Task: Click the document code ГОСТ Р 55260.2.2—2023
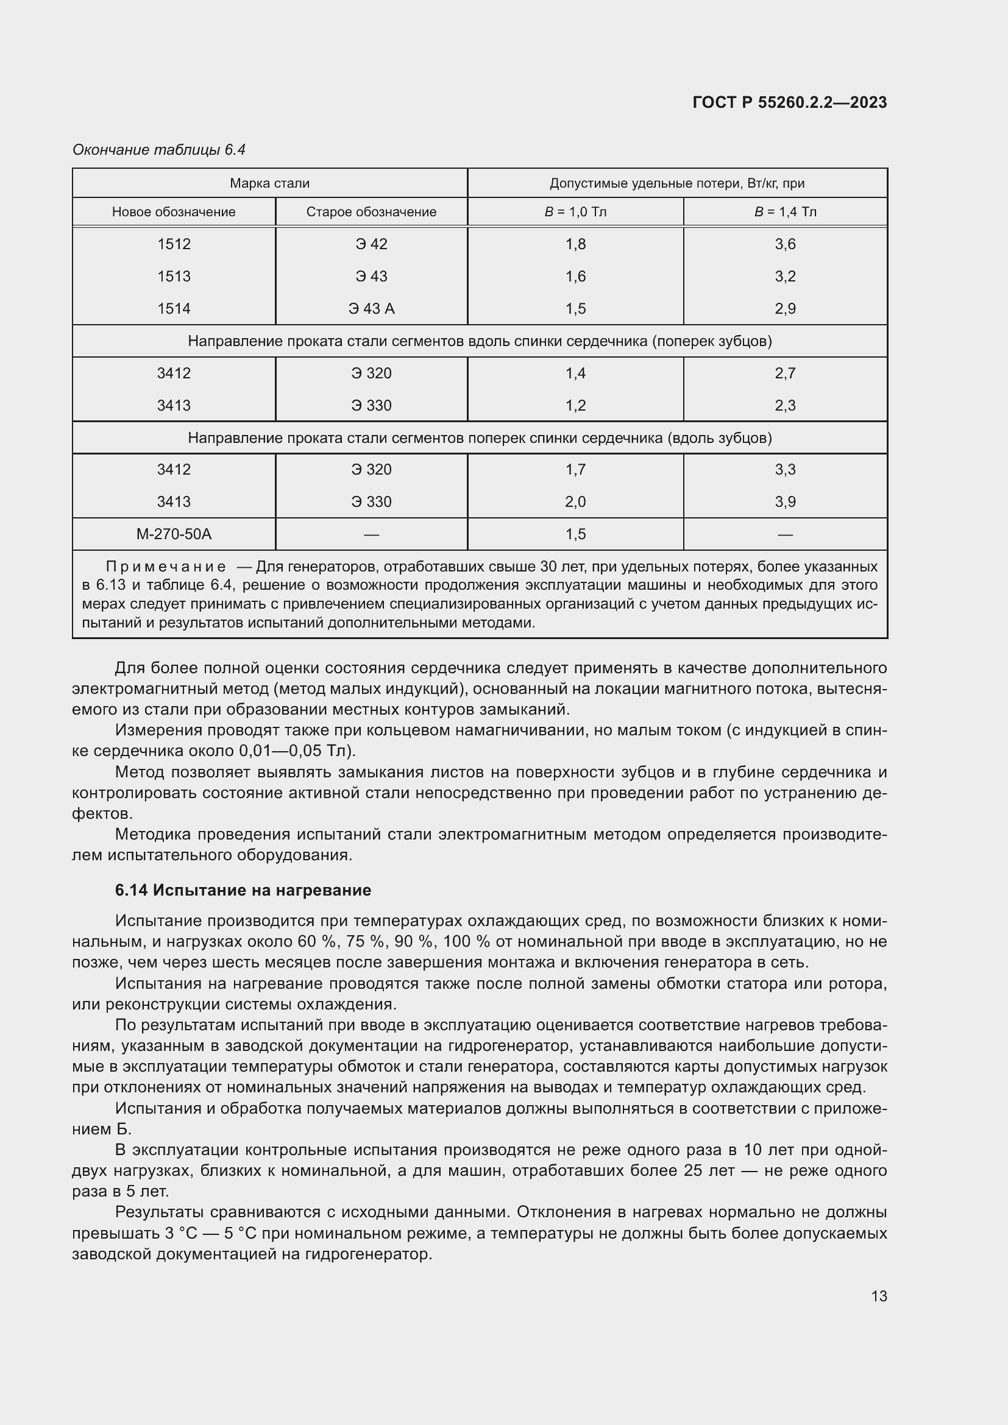click(x=789, y=102)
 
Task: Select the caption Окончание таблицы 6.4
click(x=159, y=150)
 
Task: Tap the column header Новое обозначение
click(x=174, y=211)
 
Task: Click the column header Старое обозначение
click(x=371, y=211)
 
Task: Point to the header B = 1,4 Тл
click(x=785, y=211)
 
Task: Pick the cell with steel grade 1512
click(x=174, y=244)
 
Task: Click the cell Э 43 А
click(x=371, y=308)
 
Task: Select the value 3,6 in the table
click(x=785, y=244)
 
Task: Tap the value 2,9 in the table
click(x=785, y=308)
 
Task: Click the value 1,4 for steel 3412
click(x=575, y=373)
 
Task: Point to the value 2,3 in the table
click(x=785, y=405)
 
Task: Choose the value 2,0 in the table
click(x=575, y=501)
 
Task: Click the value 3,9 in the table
click(x=785, y=501)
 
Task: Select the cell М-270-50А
click(x=174, y=534)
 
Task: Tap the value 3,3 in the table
click(x=785, y=469)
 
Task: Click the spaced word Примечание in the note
click(x=166, y=567)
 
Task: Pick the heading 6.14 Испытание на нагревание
click(x=243, y=890)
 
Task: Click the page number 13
click(x=879, y=1296)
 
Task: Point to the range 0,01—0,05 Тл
click(x=296, y=751)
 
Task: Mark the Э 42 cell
click(x=371, y=244)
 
